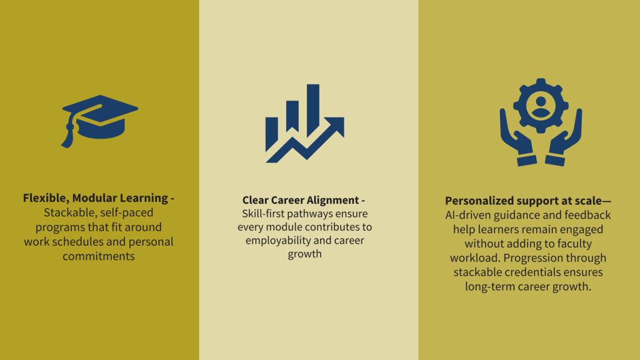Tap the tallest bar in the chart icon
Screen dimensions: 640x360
(313, 110)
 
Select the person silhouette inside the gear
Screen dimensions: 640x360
(541, 107)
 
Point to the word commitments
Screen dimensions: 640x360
(98, 256)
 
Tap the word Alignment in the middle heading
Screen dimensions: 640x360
(332, 201)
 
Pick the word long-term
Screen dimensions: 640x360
(488, 287)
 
